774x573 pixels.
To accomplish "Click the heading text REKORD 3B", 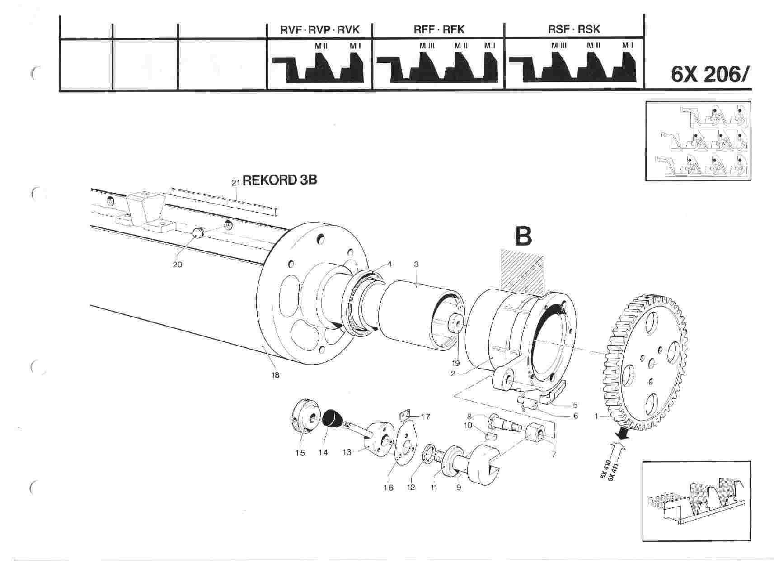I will (280, 180).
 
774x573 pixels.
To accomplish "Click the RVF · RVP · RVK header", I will (319, 30).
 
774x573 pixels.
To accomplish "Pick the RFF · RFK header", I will (439, 30).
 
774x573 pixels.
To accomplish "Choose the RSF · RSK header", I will (574, 30).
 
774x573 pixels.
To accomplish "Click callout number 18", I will (275, 375).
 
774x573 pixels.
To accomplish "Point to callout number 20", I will (177, 264).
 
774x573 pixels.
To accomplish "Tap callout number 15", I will (300, 453).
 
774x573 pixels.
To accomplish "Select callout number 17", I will (425, 417).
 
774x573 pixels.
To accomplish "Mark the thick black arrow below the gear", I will (624, 433).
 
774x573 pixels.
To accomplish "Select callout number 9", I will (459, 488).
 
